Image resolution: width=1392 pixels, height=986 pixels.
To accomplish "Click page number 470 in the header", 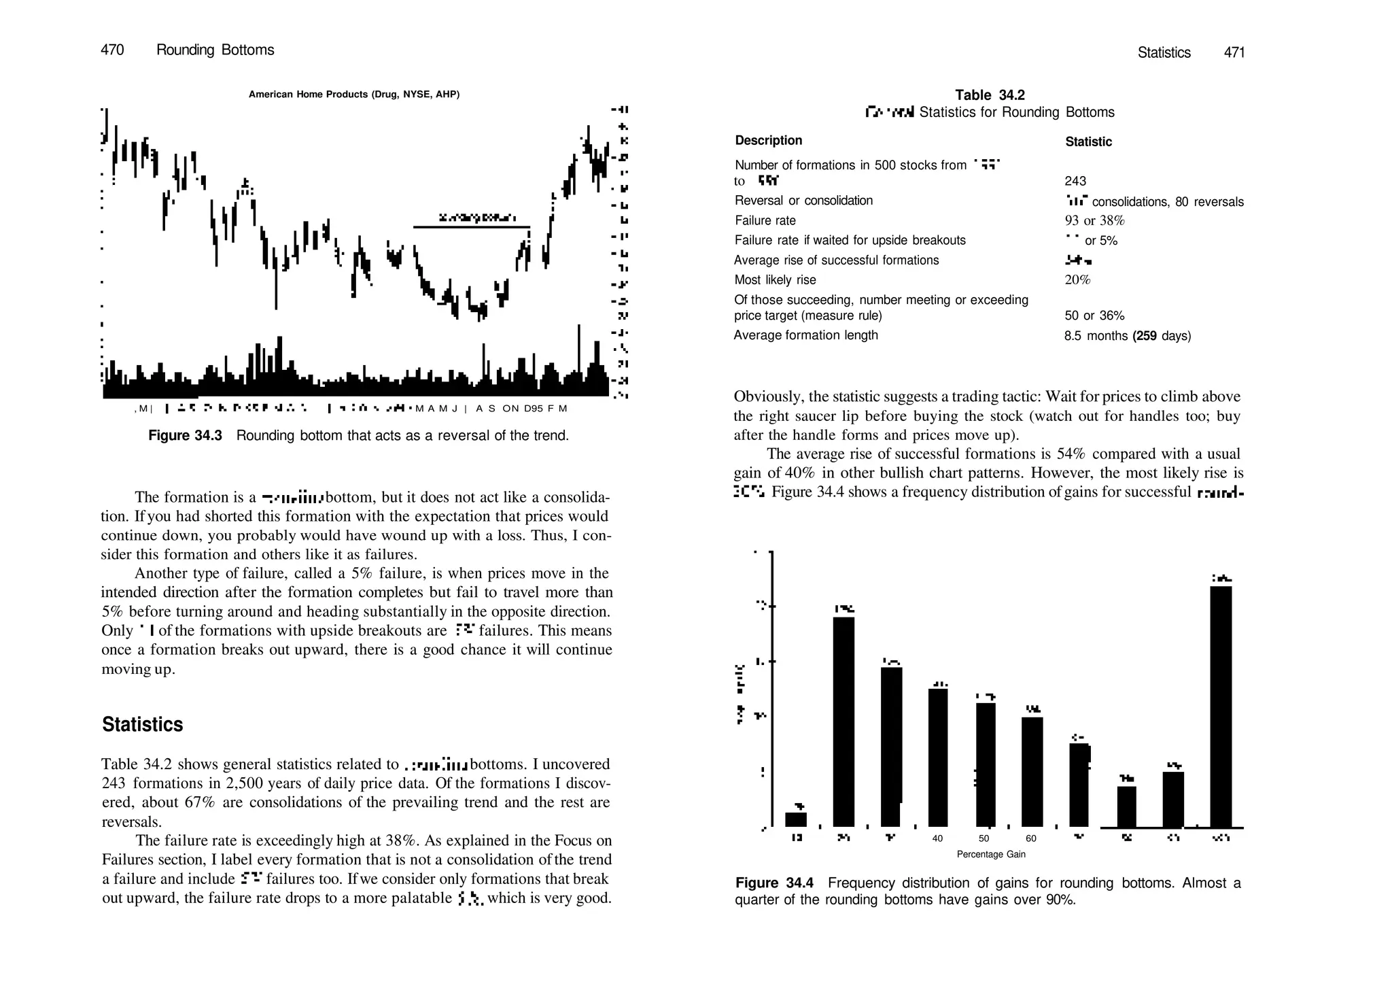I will [112, 50].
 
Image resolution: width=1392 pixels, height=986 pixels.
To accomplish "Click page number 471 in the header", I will [1234, 52].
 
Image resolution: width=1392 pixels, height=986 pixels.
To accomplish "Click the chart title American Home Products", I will [353, 94].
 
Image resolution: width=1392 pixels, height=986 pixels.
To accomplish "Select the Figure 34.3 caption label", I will [185, 435].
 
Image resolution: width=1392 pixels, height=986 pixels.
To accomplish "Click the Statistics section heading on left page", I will [142, 724].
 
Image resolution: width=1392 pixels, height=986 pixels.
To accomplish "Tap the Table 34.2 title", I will [990, 95].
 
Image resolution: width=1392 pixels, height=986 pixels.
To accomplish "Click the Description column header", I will [768, 140].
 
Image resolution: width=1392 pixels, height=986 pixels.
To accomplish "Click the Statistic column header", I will [1088, 141].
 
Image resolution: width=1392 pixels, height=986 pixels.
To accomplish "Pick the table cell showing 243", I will [1075, 181].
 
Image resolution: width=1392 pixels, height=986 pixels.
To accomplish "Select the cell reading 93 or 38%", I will [1094, 220].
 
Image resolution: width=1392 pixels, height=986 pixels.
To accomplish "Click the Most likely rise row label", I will [775, 279].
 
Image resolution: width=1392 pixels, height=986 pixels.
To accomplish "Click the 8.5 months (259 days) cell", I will [1127, 336].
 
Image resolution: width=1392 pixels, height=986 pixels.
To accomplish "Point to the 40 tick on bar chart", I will [937, 838].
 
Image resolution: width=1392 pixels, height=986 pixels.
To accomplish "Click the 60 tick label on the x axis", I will [1031, 838].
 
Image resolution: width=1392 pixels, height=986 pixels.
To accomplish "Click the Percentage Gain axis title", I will [991, 854].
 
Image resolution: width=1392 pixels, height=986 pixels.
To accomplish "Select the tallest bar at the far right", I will [1221, 707].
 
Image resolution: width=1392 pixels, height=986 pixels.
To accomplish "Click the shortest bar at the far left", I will [796, 819].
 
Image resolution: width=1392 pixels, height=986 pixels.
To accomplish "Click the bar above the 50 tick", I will [986, 765].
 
